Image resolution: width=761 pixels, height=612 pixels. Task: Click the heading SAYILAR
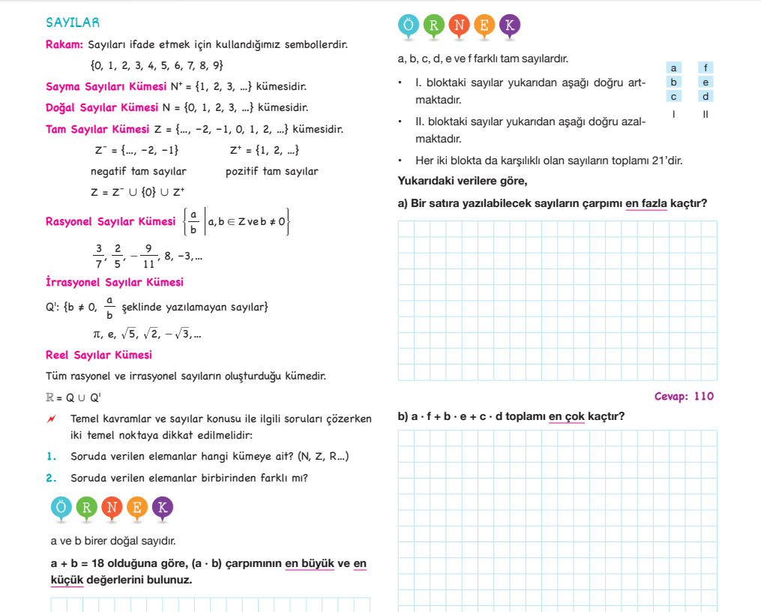pyautogui.click(x=73, y=23)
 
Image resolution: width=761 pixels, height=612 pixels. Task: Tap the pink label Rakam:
pyautogui.click(x=64, y=45)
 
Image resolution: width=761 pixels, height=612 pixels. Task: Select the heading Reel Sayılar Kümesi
pyautogui.click(x=98, y=355)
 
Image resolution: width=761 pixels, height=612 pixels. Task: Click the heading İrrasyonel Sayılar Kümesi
pyautogui.click(x=114, y=282)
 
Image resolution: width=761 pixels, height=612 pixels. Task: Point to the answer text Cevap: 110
pyautogui.click(x=684, y=397)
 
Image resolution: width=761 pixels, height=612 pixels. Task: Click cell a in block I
pyautogui.click(x=674, y=68)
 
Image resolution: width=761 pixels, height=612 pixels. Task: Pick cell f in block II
pyautogui.click(x=706, y=68)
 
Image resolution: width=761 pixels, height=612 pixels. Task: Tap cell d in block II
pyautogui.click(x=706, y=96)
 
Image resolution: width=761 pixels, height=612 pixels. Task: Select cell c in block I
pyautogui.click(x=674, y=96)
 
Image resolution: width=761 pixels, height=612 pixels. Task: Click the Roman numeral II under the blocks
pyautogui.click(x=706, y=114)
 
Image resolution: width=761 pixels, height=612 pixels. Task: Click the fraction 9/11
pyautogui.click(x=148, y=256)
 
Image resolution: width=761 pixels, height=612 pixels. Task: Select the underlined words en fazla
pyautogui.click(x=646, y=203)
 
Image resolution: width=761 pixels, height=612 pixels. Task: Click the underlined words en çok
pyautogui.click(x=566, y=416)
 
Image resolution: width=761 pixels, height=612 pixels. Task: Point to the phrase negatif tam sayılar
pyautogui.click(x=138, y=172)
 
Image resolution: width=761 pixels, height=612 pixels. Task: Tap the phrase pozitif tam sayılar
pyautogui.click(x=271, y=172)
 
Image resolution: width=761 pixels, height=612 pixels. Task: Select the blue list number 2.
pyautogui.click(x=51, y=478)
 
